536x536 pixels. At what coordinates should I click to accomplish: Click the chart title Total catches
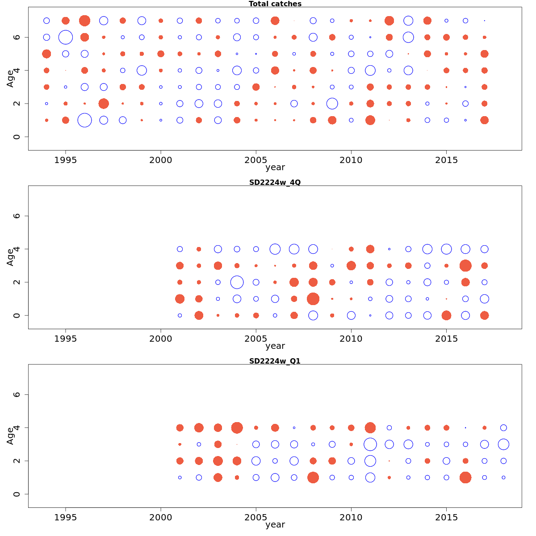coord(275,4)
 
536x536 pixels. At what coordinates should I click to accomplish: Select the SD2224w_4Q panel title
coord(275,182)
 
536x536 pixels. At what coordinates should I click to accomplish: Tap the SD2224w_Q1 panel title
coord(275,361)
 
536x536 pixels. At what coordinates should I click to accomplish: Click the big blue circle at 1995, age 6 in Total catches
coord(66,37)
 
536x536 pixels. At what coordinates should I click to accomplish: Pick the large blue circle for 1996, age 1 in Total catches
coord(84,120)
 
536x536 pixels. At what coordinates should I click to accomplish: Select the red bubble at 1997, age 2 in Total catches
coord(104,104)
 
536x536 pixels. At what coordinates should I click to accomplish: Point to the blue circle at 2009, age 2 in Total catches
coord(332,104)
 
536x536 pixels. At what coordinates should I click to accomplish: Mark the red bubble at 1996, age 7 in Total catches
coord(84,21)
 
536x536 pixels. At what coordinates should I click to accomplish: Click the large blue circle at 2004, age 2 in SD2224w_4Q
coord(237,282)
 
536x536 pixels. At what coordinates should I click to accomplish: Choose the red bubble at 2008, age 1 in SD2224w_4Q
coord(313,299)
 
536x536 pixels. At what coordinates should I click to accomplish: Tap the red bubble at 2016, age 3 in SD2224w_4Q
coord(465,266)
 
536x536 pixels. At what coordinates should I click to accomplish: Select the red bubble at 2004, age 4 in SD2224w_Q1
coord(237,427)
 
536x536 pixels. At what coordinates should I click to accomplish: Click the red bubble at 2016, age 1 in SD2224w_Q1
coord(465,477)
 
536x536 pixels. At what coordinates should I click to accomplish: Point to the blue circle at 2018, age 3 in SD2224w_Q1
coord(503,444)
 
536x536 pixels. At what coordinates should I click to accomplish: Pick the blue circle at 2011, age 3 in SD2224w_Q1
coord(370,444)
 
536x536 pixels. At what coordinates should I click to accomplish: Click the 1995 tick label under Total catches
coord(66,160)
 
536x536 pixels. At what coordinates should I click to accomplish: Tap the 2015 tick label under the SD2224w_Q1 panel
coord(446,517)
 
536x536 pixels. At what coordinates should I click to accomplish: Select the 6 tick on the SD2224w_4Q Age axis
coord(17,216)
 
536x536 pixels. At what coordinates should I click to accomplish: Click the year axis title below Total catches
coord(275,167)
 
